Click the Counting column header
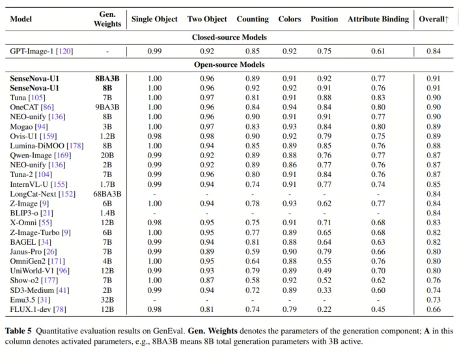click(x=253, y=19)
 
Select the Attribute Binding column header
click(x=378, y=19)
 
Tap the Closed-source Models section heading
click(x=229, y=37)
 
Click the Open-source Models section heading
click(x=229, y=64)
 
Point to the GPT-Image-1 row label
click(x=42, y=51)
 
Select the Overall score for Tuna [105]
click(x=434, y=98)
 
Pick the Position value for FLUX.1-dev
click(x=324, y=309)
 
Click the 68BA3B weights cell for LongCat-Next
click(x=107, y=194)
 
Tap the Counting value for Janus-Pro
click(x=253, y=251)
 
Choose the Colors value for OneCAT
click(x=290, y=107)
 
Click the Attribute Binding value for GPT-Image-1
click(x=378, y=51)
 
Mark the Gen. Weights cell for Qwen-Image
click(x=107, y=155)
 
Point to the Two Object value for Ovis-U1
click(x=207, y=136)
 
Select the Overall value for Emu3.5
click(x=434, y=299)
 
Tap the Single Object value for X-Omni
click(x=154, y=223)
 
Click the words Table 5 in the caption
click(x=18, y=331)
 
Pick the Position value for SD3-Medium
click(x=324, y=290)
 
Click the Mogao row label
click(x=29, y=127)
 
